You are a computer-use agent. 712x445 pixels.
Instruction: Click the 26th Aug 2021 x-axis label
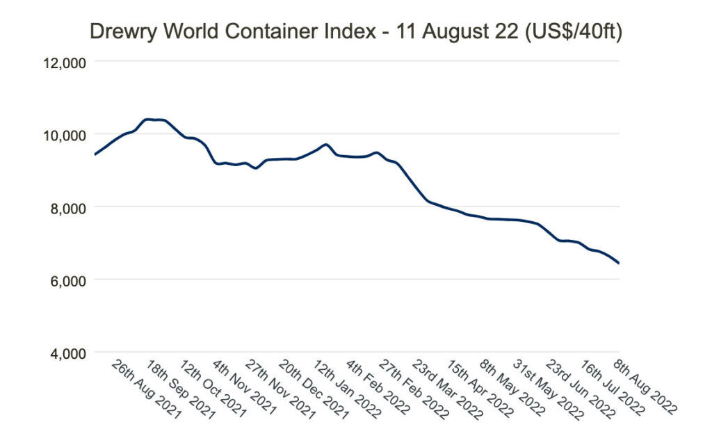pos(147,389)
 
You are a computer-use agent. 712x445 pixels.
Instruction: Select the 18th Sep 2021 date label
pos(180,389)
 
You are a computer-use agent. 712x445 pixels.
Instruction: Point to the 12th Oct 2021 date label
pos(213,389)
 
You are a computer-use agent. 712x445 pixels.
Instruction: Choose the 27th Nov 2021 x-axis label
pos(280,389)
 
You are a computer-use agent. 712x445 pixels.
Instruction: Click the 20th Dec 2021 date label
pos(314,389)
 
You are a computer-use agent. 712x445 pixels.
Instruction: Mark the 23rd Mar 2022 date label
pos(446,389)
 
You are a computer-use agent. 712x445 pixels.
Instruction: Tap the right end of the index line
pos(618,263)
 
